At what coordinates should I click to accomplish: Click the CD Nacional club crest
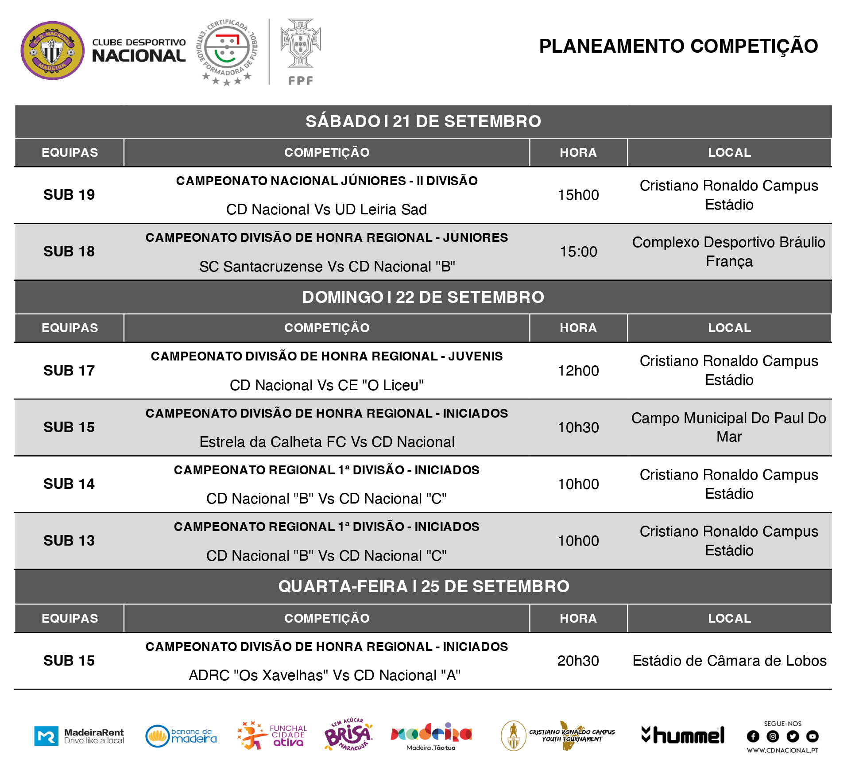click(52, 51)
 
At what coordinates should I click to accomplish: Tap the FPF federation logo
click(300, 51)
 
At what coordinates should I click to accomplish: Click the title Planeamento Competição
click(678, 46)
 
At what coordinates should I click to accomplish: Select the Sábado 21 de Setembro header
click(423, 121)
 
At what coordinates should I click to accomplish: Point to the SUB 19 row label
click(69, 195)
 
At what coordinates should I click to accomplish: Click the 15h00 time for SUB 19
click(578, 195)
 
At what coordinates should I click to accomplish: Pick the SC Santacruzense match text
click(327, 267)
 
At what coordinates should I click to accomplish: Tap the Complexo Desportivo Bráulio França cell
click(729, 252)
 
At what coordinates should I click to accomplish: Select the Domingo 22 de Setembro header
click(423, 297)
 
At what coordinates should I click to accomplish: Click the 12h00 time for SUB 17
click(578, 371)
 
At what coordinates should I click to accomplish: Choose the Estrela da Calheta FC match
click(327, 442)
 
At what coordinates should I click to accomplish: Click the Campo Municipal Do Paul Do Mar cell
click(729, 427)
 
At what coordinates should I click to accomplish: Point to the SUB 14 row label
click(69, 484)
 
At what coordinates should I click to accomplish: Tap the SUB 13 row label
click(69, 541)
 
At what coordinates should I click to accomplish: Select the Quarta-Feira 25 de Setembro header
click(423, 586)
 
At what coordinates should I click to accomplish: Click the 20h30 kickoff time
click(578, 661)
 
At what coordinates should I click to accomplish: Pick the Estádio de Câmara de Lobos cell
click(729, 661)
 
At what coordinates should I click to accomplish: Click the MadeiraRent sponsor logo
click(79, 736)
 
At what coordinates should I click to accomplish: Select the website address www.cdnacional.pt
click(782, 750)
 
